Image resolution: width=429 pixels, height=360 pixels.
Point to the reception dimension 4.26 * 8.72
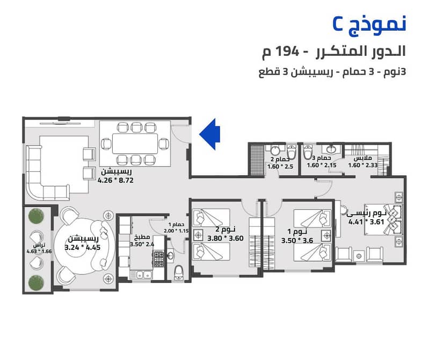115,181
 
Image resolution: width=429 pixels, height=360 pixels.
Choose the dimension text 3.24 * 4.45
83,248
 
